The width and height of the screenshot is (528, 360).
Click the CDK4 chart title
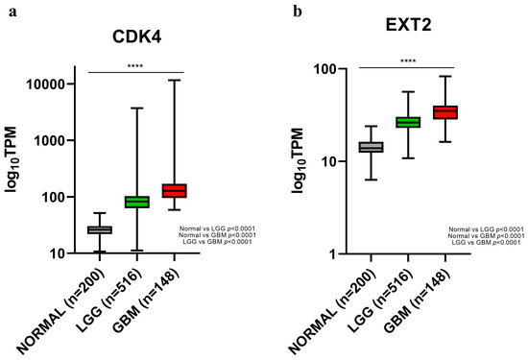[x=135, y=40]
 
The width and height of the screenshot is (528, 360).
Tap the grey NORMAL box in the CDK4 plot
[x=100, y=229]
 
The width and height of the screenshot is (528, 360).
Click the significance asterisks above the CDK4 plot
[x=135, y=64]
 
